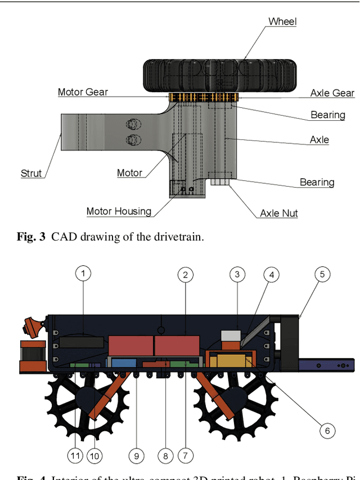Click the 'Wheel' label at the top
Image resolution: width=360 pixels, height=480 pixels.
[x=282, y=21]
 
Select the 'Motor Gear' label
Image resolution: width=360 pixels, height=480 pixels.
[x=83, y=92]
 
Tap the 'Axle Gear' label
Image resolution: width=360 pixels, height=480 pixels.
[x=332, y=93]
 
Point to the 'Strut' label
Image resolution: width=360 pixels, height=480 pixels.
[x=31, y=173]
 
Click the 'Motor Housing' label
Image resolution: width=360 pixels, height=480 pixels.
[x=119, y=211]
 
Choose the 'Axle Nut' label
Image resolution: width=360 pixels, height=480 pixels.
[x=278, y=213]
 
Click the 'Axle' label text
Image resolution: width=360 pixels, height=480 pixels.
[x=319, y=139]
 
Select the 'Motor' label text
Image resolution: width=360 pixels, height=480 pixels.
[x=129, y=173]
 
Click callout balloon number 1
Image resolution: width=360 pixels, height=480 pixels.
[x=83, y=274]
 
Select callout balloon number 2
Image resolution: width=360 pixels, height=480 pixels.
[x=185, y=275]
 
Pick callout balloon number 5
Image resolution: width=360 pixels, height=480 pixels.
[x=322, y=274]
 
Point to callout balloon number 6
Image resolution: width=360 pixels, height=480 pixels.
[x=327, y=431]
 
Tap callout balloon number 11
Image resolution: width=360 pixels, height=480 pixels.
[x=75, y=456]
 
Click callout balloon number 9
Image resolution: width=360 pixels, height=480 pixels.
[x=136, y=456]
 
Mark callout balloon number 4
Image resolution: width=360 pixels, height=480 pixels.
[x=272, y=275]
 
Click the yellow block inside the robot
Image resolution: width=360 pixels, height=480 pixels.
[x=231, y=360]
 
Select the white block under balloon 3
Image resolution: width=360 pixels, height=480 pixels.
[x=231, y=336]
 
